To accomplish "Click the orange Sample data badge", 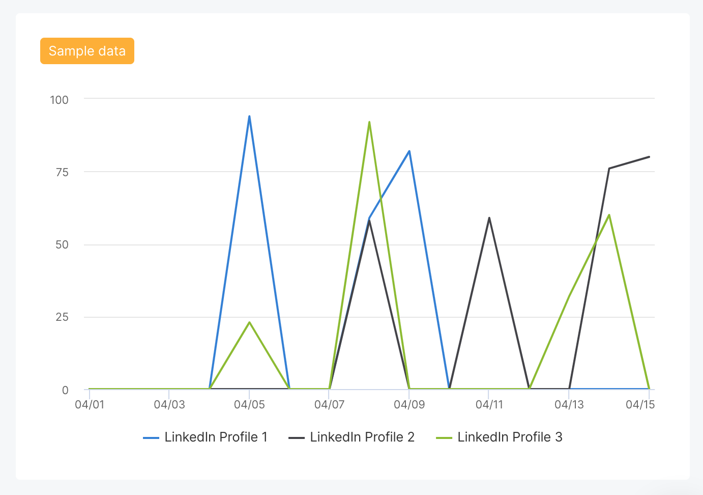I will click(87, 51).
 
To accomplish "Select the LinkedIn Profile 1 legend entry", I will click(206, 437).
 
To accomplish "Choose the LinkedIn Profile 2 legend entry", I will click(352, 437).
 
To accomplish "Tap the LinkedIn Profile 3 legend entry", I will click(500, 437).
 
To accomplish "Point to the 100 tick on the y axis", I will click(59, 100).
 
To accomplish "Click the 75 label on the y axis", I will click(62, 172).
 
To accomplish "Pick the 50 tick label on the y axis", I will click(62, 244).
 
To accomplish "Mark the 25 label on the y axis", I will click(62, 317).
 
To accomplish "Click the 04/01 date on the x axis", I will click(90, 404).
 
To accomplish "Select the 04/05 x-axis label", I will click(249, 404).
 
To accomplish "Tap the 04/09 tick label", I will click(409, 404).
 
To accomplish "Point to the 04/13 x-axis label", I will click(569, 404).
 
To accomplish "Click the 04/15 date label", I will click(640, 404).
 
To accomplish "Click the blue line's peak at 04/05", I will click(249, 116).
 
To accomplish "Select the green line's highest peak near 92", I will click(369, 122).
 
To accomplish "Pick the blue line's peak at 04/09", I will click(409, 151).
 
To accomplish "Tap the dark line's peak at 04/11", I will click(489, 218).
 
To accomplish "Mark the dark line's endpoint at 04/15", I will click(649, 157).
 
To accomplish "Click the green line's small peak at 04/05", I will click(249, 322).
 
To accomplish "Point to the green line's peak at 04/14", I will click(609, 215).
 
